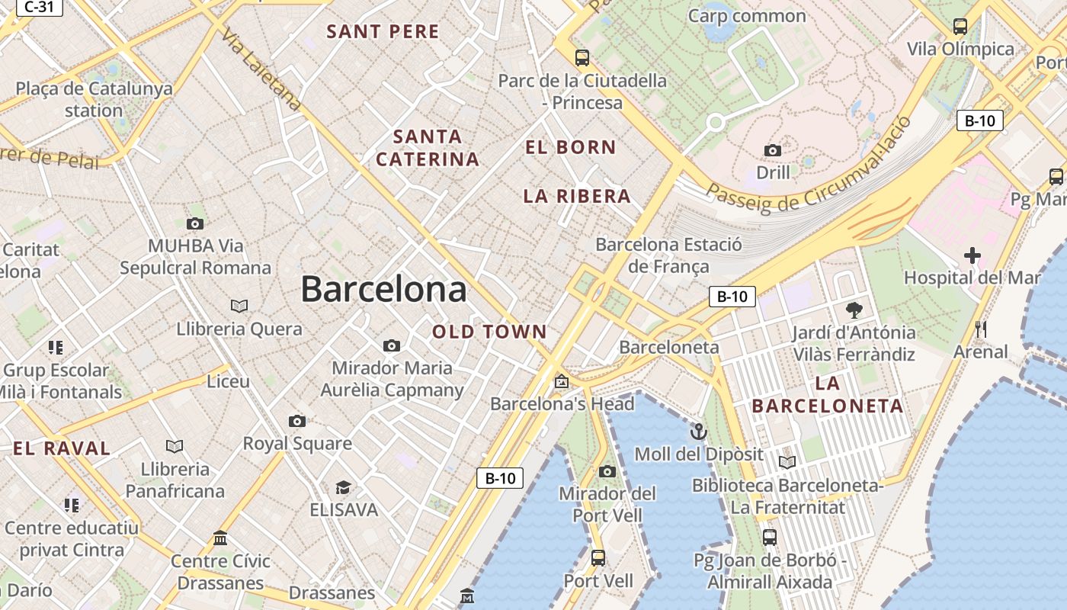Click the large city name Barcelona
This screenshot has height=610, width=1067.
pyautogui.click(x=383, y=290)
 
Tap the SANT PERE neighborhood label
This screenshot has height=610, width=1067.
pyautogui.click(x=383, y=31)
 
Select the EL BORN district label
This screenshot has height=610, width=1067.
pyautogui.click(x=570, y=147)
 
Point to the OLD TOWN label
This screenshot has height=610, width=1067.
pyautogui.click(x=489, y=332)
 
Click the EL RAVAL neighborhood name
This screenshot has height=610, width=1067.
pyautogui.click(x=62, y=448)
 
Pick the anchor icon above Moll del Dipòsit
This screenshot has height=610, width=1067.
pyautogui.click(x=698, y=432)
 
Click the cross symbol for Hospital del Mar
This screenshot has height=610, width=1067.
pyautogui.click(x=972, y=255)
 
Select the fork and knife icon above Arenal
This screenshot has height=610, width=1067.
pyautogui.click(x=981, y=329)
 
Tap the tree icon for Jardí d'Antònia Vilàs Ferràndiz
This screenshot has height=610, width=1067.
pyautogui.click(x=854, y=310)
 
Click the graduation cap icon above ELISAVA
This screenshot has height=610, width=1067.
pyautogui.click(x=343, y=487)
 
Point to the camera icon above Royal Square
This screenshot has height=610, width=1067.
pyautogui.click(x=297, y=421)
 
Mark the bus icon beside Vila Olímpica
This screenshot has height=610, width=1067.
pyautogui.click(x=960, y=27)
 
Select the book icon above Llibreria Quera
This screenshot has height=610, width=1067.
pyautogui.click(x=239, y=306)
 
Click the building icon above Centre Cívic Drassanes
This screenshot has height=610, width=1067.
pyautogui.click(x=220, y=538)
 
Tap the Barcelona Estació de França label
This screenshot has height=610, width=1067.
pyautogui.click(x=668, y=255)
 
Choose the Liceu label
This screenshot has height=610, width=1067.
pyautogui.click(x=229, y=381)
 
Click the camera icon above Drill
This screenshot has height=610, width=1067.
pyautogui.click(x=773, y=150)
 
